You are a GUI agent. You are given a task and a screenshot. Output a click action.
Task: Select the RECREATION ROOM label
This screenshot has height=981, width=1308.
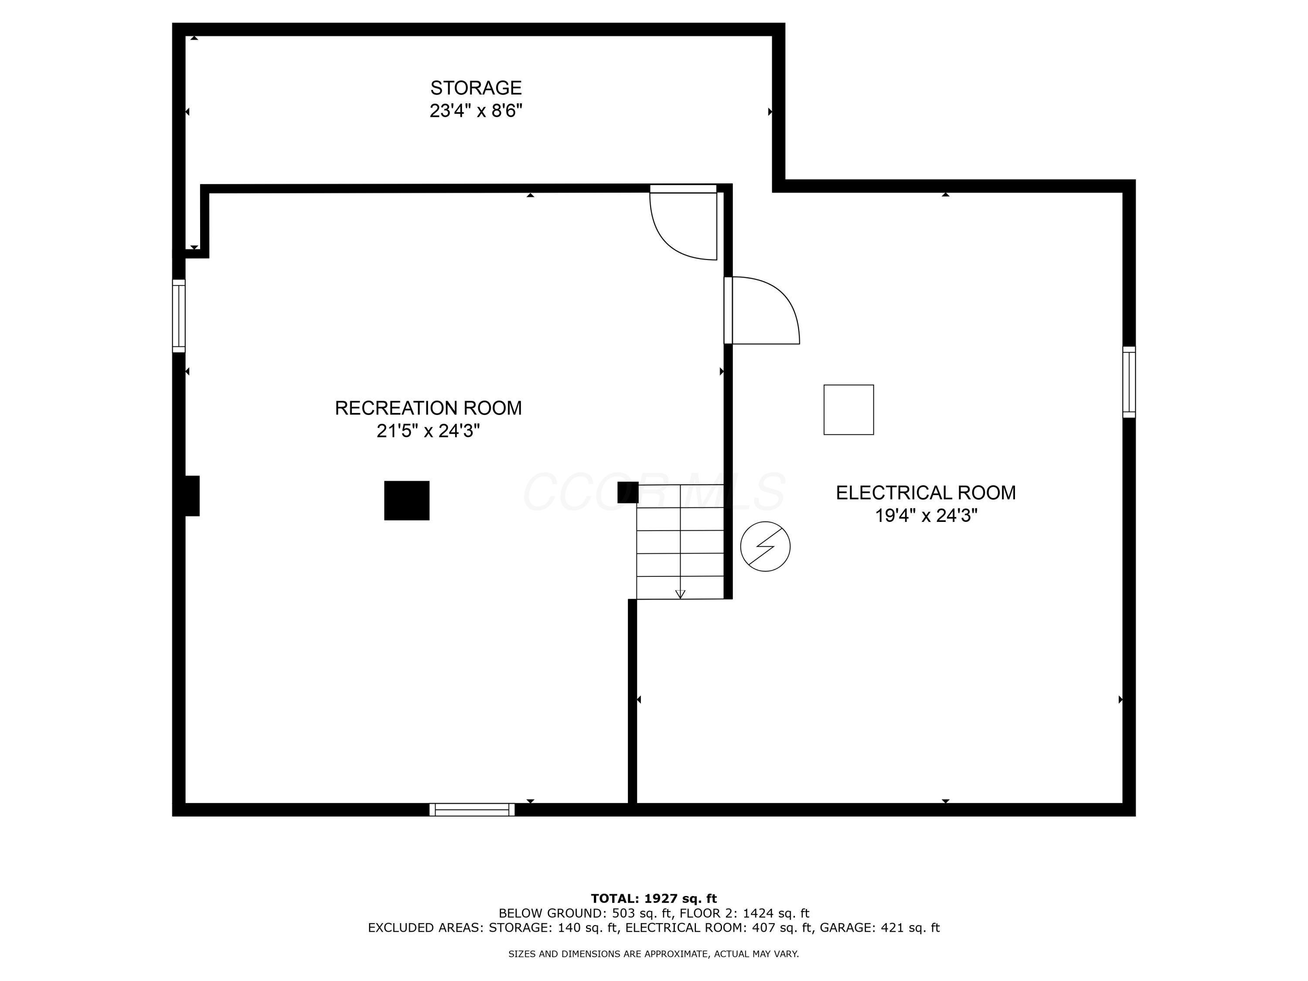pyautogui.click(x=428, y=408)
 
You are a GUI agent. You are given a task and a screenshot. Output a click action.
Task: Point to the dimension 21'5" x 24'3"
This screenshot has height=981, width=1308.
pyautogui.click(x=428, y=431)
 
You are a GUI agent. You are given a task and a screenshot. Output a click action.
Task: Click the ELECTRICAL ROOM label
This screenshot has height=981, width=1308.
pyautogui.click(x=926, y=493)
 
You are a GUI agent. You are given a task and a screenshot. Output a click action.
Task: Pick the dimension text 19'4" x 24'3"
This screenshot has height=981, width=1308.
pyautogui.click(x=926, y=516)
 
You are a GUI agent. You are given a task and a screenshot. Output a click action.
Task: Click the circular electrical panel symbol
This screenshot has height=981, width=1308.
pyautogui.click(x=765, y=546)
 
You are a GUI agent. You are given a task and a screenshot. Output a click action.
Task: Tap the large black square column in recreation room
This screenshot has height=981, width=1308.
pyautogui.click(x=407, y=500)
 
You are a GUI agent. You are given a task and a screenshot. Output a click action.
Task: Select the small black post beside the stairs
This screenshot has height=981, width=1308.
pyautogui.click(x=627, y=492)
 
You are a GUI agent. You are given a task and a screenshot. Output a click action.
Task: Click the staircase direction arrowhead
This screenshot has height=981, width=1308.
pyautogui.click(x=680, y=594)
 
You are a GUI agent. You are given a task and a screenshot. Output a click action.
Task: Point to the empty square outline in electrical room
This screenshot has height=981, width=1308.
pyautogui.click(x=848, y=410)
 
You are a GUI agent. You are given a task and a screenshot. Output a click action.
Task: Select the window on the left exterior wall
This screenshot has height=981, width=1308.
pyautogui.click(x=179, y=316)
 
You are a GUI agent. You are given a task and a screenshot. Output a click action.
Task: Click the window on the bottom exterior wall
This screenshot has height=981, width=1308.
pyautogui.click(x=472, y=810)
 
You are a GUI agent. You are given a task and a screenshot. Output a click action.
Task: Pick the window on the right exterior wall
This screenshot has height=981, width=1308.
pyautogui.click(x=1129, y=382)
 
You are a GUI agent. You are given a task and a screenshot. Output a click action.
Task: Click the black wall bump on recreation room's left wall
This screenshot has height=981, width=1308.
pyautogui.click(x=192, y=496)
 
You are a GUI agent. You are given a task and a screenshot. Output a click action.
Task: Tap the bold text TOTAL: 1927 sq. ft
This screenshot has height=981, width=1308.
pyautogui.click(x=654, y=899)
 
